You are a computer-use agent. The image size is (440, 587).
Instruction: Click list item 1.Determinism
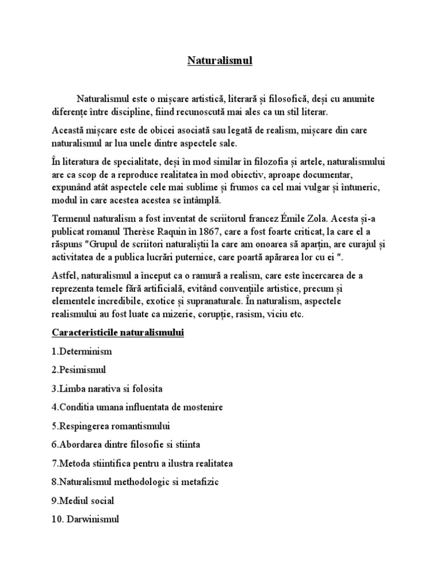click(81, 351)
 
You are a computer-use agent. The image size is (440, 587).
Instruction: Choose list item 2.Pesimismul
click(79, 370)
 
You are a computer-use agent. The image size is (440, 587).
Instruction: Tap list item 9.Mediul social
click(82, 500)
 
